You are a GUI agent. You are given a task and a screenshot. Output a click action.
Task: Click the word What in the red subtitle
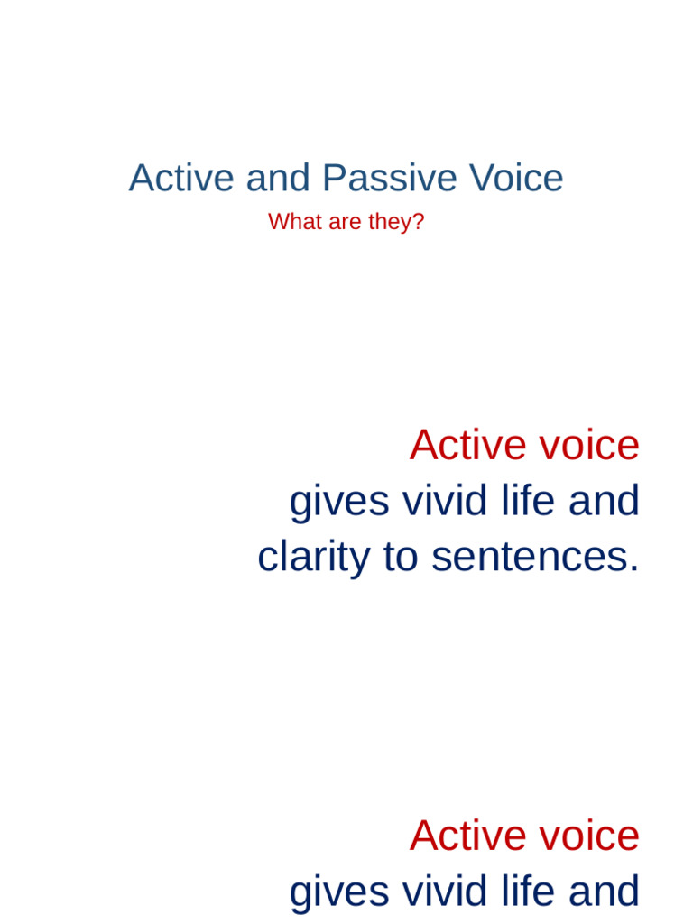(x=294, y=222)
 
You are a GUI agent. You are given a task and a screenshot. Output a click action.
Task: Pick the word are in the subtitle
(x=345, y=222)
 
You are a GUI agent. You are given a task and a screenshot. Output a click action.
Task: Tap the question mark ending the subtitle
(x=419, y=222)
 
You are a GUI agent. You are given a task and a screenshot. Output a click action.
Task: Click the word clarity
(x=313, y=557)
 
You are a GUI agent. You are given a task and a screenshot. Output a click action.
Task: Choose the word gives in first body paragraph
(x=338, y=501)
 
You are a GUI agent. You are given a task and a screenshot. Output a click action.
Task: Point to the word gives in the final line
(x=338, y=892)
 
